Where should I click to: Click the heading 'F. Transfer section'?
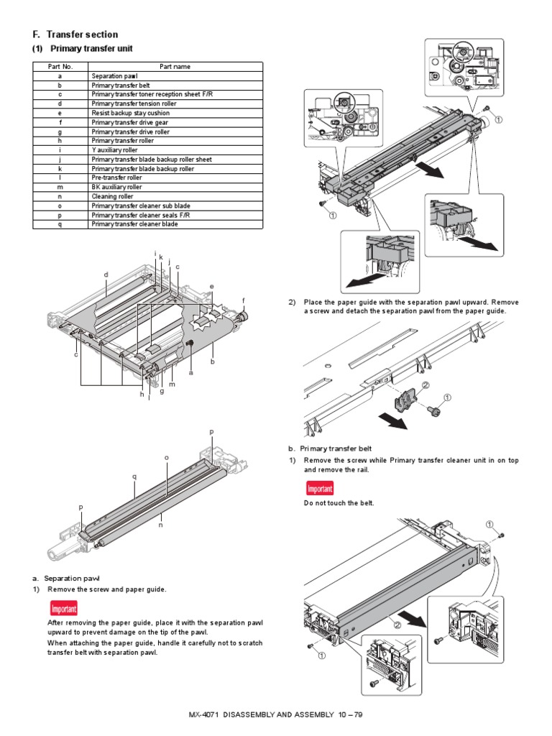tap(75, 34)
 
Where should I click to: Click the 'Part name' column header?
tap(175, 66)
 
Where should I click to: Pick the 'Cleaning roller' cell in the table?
tap(110, 196)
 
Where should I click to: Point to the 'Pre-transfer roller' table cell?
tap(116, 178)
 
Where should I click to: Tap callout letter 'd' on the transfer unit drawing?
tap(106, 275)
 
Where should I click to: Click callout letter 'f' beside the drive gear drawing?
tap(244, 299)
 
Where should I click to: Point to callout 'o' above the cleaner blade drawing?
tap(166, 457)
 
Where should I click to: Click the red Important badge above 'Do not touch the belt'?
tap(320, 489)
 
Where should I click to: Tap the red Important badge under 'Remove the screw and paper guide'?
tap(63, 609)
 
